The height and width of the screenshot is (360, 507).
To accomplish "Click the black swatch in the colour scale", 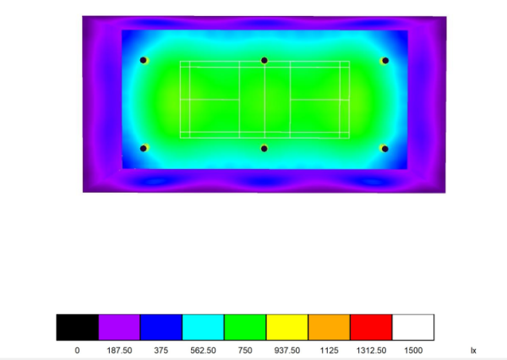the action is pyautogui.click(x=77, y=327).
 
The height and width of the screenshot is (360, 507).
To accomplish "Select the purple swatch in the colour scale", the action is pyautogui.click(x=119, y=327).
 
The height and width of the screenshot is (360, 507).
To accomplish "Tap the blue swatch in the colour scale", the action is pyautogui.click(x=161, y=327).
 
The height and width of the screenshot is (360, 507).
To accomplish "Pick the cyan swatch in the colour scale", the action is pyautogui.click(x=203, y=327).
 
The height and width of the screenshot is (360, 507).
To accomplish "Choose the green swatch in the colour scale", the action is pyautogui.click(x=245, y=327).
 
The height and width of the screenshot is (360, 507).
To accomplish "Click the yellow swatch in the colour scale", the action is pyautogui.click(x=287, y=327).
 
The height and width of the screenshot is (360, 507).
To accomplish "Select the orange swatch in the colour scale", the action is pyautogui.click(x=330, y=327).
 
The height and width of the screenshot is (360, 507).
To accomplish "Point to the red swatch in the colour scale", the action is pyautogui.click(x=371, y=327).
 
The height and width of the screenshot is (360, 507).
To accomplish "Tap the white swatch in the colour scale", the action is pyautogui.click(x=413, y=327).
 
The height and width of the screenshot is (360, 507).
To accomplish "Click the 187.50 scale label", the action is pyautogui.click(x=119, y=351).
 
